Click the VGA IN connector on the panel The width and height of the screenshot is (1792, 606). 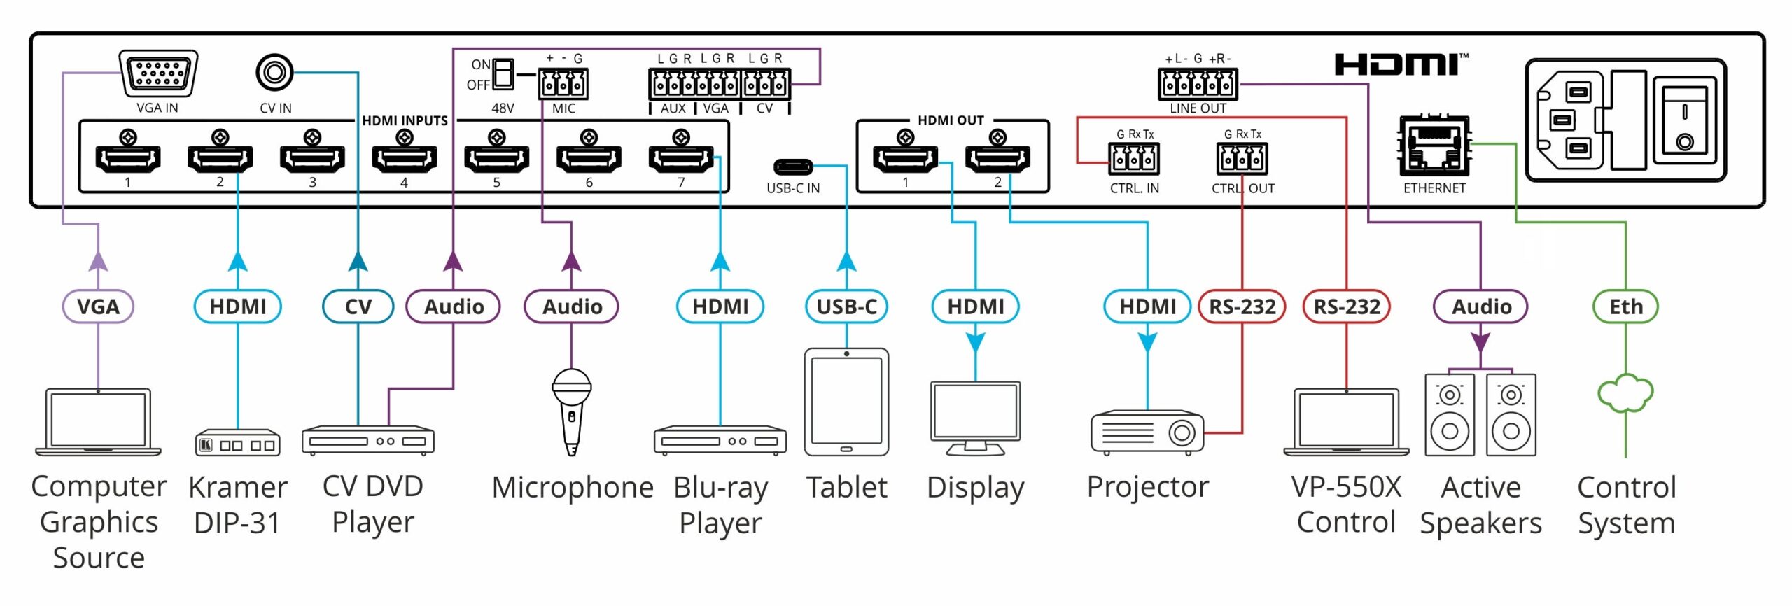pos(158,73)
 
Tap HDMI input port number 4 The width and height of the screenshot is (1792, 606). pos(405,159)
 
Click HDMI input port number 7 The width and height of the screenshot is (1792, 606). pos(681,159)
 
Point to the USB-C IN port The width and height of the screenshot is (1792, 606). pos(793,167)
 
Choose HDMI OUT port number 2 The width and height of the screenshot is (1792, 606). pos(997,159)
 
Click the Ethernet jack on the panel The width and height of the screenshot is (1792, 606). pos(1434,146)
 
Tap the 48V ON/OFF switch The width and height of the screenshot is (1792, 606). pos(503,74)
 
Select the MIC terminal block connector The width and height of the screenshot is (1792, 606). pos(563,83)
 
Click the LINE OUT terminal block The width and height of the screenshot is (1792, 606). pos(1198,84)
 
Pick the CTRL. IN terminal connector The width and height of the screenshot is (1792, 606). pos(1134,158)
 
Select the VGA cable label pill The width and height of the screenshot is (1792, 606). pos(98,306)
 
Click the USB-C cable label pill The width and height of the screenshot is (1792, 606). pos(846,306)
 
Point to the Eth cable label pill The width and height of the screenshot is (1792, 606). pos(1625,306)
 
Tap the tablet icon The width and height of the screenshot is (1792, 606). pos(846,402)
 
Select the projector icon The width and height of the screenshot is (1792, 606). pos(1147,432)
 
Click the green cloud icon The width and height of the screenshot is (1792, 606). pos(1625,393)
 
